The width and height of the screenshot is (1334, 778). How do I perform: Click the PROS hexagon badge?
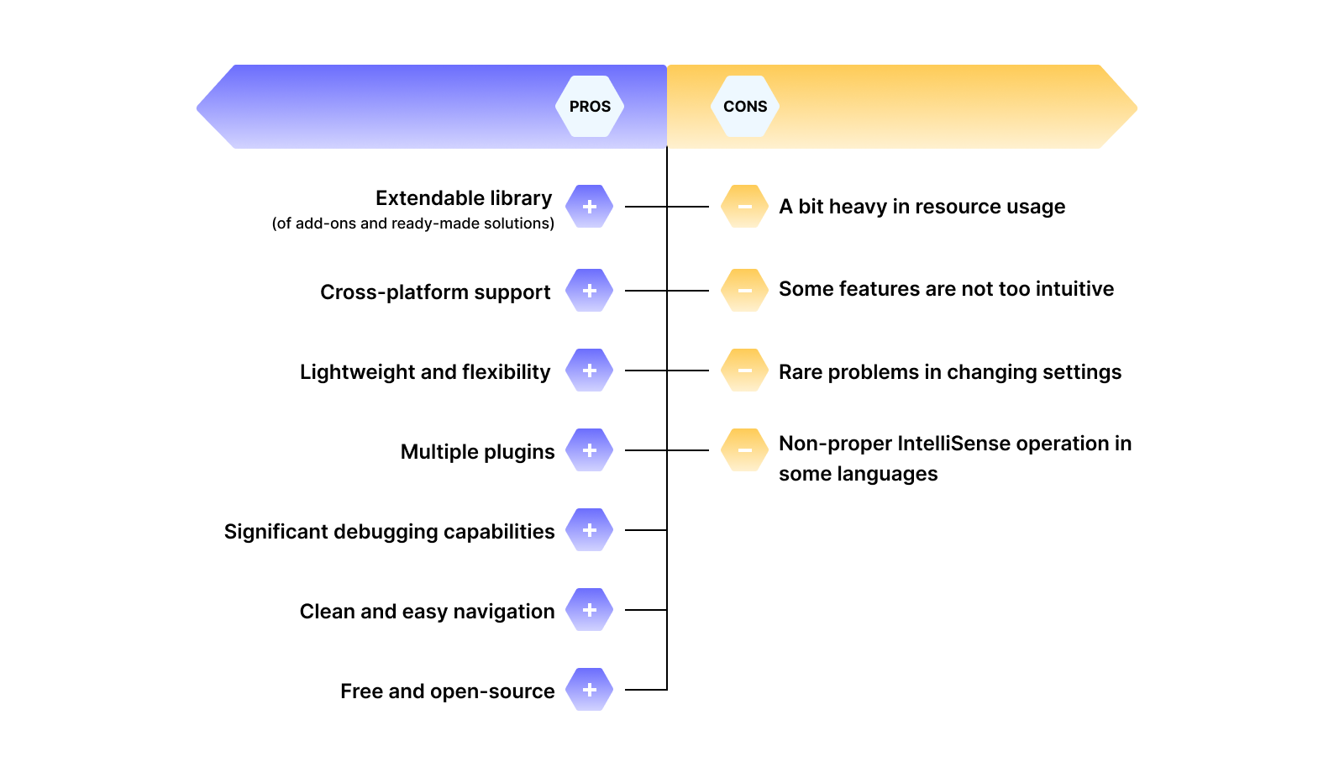tap(590, 107)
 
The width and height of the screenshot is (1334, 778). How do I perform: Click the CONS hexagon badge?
tap(745, 107)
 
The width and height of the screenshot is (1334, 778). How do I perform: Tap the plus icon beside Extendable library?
tap(590, 207)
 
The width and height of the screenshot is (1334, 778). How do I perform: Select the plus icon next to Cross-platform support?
tap(590, 291)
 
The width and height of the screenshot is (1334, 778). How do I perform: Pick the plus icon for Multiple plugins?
tap(590, 450)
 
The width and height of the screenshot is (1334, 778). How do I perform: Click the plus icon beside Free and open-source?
tap(590, 690)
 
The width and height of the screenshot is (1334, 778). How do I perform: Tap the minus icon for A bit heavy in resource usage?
tap(745, 207)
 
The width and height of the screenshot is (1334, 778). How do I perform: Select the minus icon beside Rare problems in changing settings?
tap(745, 371)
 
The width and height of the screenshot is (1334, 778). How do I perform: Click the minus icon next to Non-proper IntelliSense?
tap(745, 450)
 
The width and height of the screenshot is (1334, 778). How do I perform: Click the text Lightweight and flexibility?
tap(425, 372)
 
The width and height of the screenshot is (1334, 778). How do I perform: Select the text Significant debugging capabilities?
tap(389, 532)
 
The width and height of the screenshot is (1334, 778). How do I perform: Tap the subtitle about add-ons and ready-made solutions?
tap(412, 223)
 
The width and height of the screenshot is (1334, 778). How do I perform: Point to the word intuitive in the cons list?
tap(1074, 289)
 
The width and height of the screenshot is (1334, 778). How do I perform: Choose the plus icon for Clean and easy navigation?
tap(590, 610)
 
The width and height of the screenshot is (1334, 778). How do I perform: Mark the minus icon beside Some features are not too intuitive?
tap(745, 291)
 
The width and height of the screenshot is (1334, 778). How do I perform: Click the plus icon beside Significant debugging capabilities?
tap(590, 530)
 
